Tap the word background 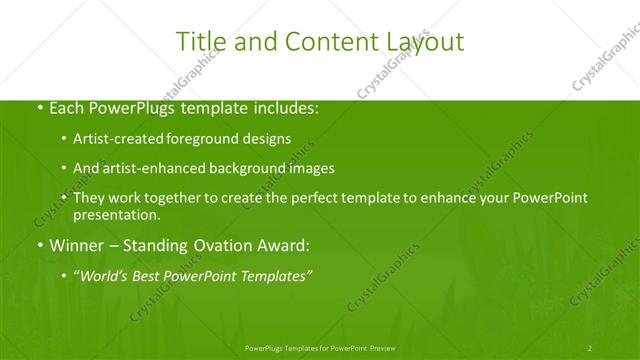250,169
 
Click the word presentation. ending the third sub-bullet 116,215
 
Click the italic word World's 105,276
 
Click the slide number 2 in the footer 590,347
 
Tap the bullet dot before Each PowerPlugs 39,107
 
